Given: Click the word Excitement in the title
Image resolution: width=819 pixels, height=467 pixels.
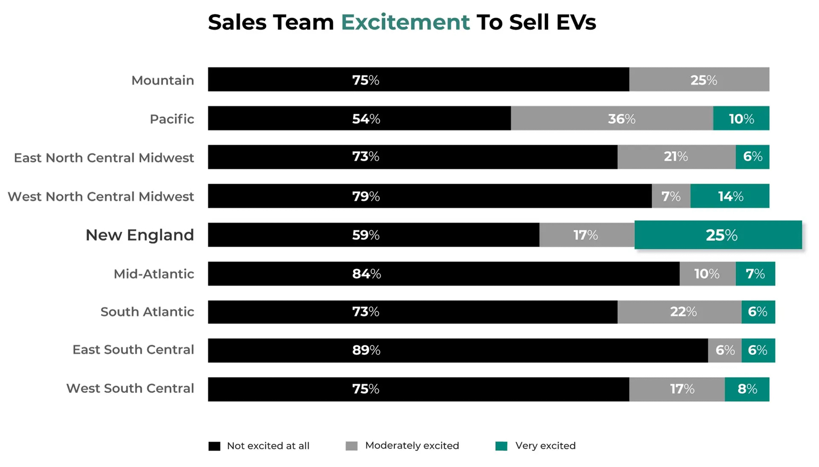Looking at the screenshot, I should click(405, 22).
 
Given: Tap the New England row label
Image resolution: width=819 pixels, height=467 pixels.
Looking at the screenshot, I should click(140, 235).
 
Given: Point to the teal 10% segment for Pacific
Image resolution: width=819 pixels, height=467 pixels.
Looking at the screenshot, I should click(741, 118).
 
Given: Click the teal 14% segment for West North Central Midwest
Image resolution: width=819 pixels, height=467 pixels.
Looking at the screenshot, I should click(730, 196).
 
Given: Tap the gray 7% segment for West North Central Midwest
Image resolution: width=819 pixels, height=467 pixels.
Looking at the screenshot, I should click(671, 196).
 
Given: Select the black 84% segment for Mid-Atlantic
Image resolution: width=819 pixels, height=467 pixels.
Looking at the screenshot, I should click(443, 274).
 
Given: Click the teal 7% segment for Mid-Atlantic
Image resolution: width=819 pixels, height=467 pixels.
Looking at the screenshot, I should click(755, 274).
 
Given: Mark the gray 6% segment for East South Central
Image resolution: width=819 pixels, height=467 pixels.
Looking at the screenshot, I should click(724, 350).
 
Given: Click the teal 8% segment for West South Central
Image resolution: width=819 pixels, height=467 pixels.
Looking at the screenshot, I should click(747, 389).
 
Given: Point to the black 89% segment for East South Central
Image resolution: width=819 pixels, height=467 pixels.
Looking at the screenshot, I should click(458, 350).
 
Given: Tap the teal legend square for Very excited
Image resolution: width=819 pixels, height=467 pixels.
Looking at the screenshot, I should click(501, 446).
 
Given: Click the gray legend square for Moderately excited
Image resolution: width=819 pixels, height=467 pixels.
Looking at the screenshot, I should click(351, 446).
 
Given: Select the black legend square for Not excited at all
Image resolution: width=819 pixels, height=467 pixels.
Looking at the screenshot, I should click(214, 446).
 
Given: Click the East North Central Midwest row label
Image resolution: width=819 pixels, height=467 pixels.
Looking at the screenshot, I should click(104, 158).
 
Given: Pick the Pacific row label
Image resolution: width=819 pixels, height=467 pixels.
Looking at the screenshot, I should click(172, 119).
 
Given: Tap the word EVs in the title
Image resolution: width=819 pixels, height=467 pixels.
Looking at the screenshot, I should click(576, 22).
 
